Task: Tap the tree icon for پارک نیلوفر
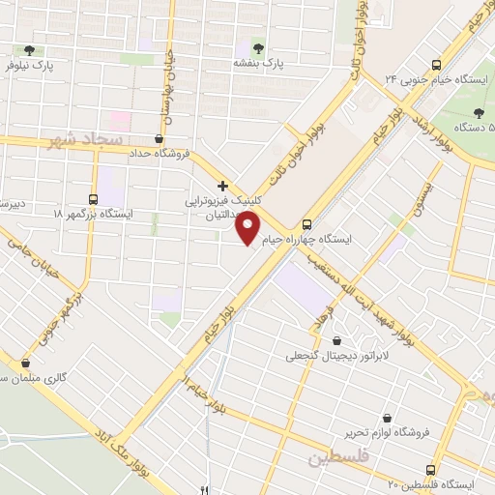pos(29,49)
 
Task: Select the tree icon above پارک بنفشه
pos(257,46)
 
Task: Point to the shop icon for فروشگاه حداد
pos(159,138)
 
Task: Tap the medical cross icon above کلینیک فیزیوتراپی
pos(222,186)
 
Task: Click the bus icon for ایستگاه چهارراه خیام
pos(307,220)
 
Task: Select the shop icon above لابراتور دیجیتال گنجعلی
pos(336,339)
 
